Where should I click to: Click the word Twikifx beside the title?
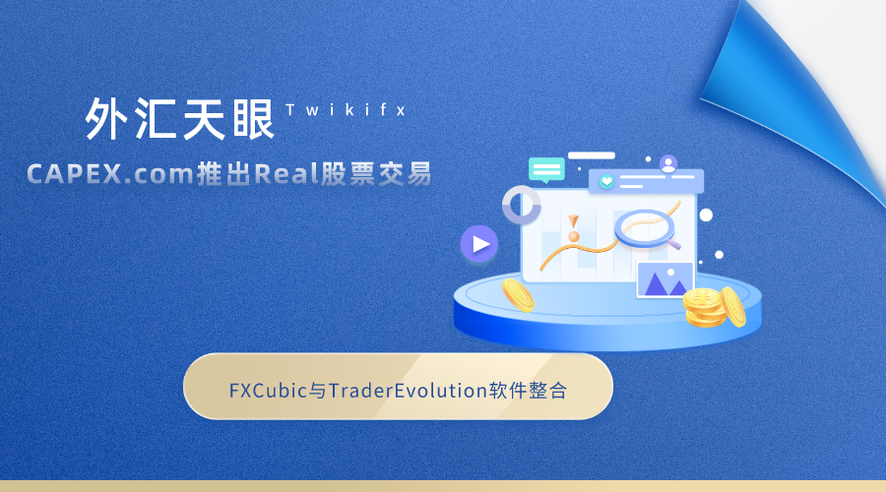point(346,109)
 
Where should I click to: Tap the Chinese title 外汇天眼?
point(180,119)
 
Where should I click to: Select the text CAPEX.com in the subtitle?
point(110,173)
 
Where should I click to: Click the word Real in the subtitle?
point(287,173)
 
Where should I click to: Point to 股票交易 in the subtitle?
point(376,173)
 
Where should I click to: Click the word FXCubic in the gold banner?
point(268,391)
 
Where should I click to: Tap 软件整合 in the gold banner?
point(528,391)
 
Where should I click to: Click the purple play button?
point(479,244)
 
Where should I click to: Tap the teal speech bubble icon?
point(546,170)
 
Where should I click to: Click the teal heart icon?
point(606,182)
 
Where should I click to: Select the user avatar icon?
point(668,164)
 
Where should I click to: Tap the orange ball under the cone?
point(574,236)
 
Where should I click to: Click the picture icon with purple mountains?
point(665,280)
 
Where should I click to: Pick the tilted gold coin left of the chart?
point(518,295)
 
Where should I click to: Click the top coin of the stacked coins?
point(702,298)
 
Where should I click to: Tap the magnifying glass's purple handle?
point(674,244)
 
